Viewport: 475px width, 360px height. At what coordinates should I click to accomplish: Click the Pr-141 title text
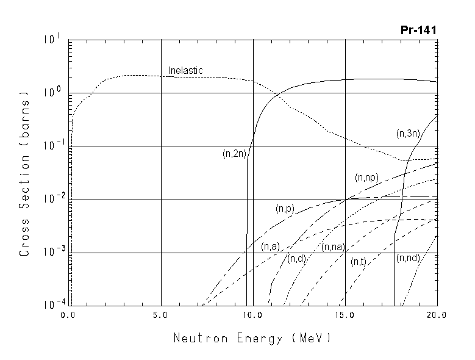[420, 30]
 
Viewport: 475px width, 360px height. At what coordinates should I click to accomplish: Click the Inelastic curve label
[185, 71]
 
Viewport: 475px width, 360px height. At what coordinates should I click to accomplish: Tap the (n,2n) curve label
[234, 154]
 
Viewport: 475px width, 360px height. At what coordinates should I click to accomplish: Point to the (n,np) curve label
[366, 178]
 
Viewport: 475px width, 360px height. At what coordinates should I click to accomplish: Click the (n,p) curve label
[285, 209]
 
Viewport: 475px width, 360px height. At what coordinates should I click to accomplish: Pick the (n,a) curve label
[270, 247]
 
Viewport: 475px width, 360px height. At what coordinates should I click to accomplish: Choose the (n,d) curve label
[296, 259]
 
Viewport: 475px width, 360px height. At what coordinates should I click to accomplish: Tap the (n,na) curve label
[333, 247]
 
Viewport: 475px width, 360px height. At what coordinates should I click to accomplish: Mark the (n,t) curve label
[358, 262]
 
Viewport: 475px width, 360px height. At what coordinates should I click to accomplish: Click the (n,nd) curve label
[408, 258]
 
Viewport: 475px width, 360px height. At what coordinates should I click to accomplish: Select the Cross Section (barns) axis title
[26, 173]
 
